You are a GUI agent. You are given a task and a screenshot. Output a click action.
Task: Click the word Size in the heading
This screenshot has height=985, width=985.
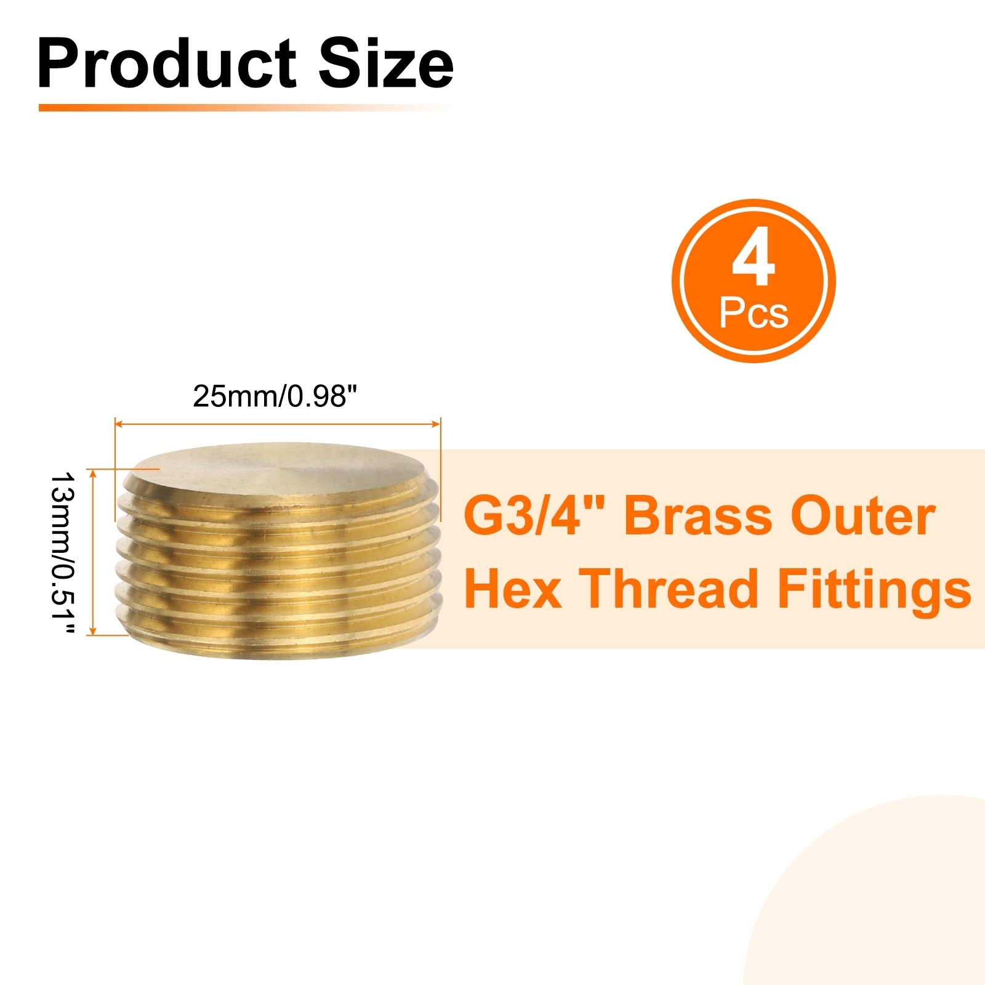click(x=386, y=63)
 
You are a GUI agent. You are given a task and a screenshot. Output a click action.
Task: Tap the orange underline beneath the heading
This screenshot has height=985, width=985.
click(x=243, y=107)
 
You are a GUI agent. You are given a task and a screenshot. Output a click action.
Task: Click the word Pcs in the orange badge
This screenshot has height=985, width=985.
click(x=754, y=313)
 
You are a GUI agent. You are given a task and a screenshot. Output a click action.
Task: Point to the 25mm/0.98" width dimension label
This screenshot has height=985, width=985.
click(x=275, y=396)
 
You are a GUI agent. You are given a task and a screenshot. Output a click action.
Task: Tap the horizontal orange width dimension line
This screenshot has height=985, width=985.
click(x=278, y=424)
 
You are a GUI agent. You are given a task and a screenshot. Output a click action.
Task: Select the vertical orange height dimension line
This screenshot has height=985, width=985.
click(x=94, y=552)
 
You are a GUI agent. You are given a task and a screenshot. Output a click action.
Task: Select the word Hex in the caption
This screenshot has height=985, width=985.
click(x=513, y=589)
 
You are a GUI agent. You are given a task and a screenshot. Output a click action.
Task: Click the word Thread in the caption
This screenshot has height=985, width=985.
click(x=669, y=589)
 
